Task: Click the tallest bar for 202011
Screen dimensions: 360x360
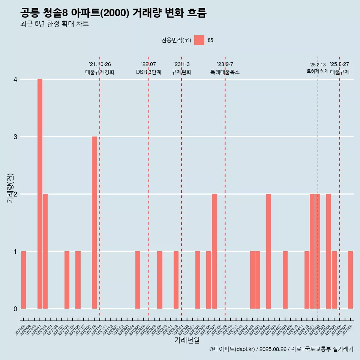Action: [x=40, y=194]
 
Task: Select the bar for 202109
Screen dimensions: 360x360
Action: [x=94, y=222]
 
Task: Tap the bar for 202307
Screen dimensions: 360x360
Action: [x=214, y=251]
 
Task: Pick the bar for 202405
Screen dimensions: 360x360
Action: [x=268, y=251]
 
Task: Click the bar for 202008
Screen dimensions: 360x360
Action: [x=23, y=280]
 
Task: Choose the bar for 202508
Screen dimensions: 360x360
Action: [x=350, y=280]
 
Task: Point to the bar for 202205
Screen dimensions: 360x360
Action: [x=138, y=280]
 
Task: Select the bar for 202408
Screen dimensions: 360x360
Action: [x=285, y=280]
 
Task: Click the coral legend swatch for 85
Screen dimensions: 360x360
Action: [x=199, y=40]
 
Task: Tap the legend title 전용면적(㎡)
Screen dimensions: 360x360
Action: [x=176, y=40]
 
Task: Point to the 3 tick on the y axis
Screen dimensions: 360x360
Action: [x=15, y=136]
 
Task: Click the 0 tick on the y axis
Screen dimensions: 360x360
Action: [x=15, y=309]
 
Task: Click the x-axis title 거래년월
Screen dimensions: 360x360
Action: [x=187, y=340]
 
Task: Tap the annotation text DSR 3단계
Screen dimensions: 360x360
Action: [x=148, y=72]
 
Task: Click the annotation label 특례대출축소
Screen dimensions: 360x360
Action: [x=225, y=72]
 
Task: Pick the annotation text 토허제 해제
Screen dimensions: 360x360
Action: [x=318, y=71]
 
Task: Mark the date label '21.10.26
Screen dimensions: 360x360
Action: [x=100, y=64]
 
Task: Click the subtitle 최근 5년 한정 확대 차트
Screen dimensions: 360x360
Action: [x=54, y=24]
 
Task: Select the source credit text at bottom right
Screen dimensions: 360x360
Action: [x=281, y=349]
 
